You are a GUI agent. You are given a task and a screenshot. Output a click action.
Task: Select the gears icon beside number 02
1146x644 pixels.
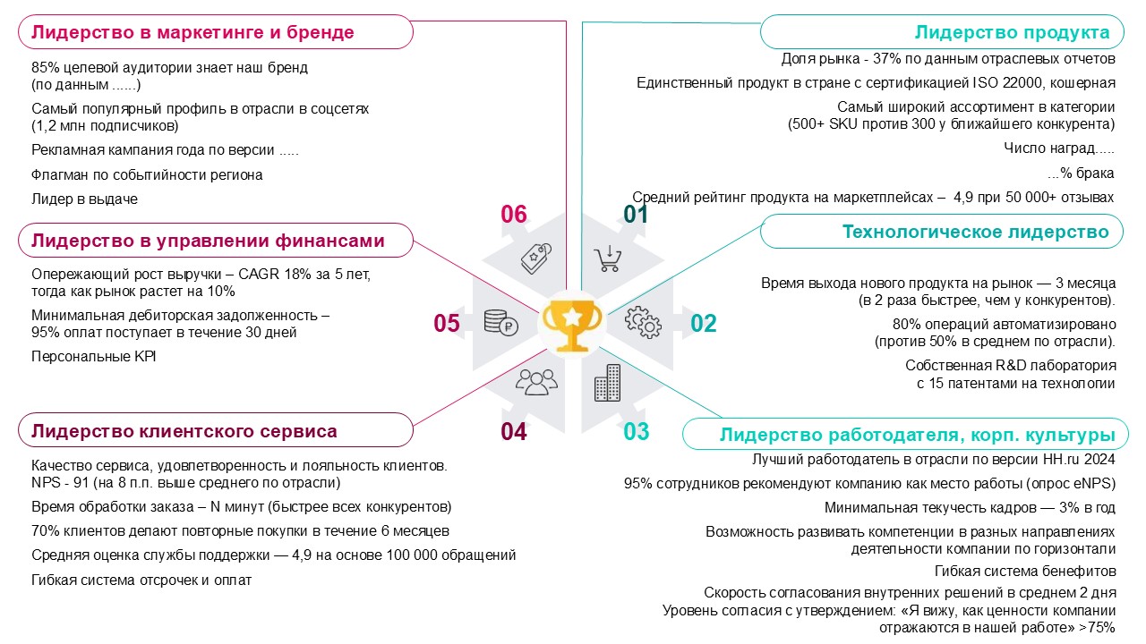pos(642,320)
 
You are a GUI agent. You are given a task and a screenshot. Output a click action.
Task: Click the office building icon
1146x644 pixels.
pos(607,382)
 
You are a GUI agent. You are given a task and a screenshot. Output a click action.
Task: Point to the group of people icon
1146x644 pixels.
pos(535,382)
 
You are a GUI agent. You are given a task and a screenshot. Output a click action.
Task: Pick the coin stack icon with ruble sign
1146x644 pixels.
pos(500,321)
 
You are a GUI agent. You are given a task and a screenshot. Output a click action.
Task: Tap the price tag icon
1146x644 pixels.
pos(535,258)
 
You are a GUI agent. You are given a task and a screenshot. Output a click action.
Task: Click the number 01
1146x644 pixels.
pos(635,215)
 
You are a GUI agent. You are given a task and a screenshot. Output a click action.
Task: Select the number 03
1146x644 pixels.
pos(636,432)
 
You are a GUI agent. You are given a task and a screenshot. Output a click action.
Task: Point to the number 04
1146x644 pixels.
pos(514,433)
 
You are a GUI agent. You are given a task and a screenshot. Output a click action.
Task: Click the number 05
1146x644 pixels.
pos(447,324)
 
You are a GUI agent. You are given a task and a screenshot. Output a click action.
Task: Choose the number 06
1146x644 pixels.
pos(514,215)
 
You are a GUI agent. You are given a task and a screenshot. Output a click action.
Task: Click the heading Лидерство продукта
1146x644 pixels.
pos(1012,33)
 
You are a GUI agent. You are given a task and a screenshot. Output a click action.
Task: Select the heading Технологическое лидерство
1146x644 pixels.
pos(975,233)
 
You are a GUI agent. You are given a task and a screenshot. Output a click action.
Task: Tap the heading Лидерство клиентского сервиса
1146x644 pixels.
pos(184,431)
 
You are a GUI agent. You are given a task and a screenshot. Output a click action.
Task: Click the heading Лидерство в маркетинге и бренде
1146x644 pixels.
pos(192,33)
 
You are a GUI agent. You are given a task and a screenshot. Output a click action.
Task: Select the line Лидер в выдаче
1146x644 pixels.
pos(84,199)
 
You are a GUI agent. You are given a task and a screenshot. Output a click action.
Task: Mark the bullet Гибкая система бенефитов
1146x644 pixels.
pos(1025,572)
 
